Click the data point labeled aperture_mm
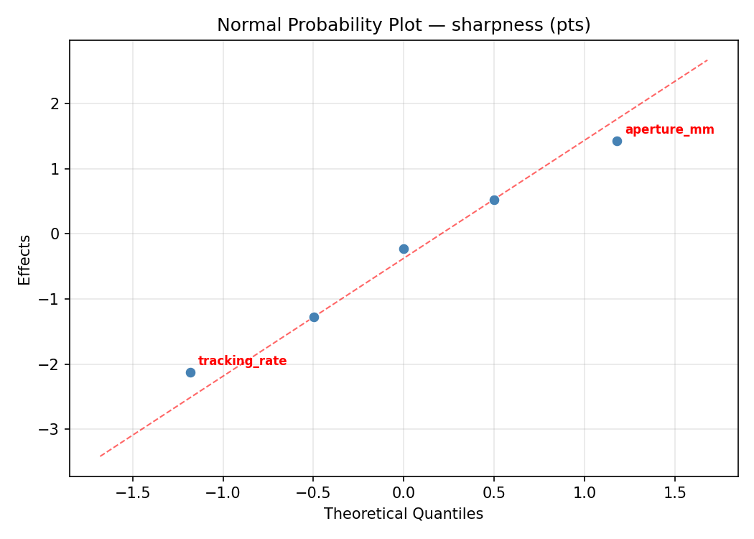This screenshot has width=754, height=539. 617,141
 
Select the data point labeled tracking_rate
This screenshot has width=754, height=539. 190,372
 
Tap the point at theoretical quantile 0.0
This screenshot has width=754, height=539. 404,249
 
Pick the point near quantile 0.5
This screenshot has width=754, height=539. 494,200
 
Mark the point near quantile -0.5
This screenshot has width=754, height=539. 314,317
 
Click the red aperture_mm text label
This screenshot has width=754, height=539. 669,130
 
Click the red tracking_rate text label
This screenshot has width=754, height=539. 242,361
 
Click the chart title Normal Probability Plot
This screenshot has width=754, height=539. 404,25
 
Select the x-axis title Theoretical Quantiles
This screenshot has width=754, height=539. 404,514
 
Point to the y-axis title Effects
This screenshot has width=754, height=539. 25,259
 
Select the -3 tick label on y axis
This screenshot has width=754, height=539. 54,430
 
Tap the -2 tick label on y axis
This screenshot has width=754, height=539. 54,364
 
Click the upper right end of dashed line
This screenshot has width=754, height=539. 707,60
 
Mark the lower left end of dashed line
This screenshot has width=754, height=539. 101,456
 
